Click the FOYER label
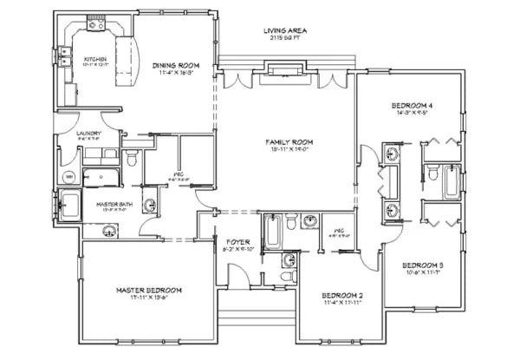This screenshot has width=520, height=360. click(237, 241)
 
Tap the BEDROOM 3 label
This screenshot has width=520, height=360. click(424, 265)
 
